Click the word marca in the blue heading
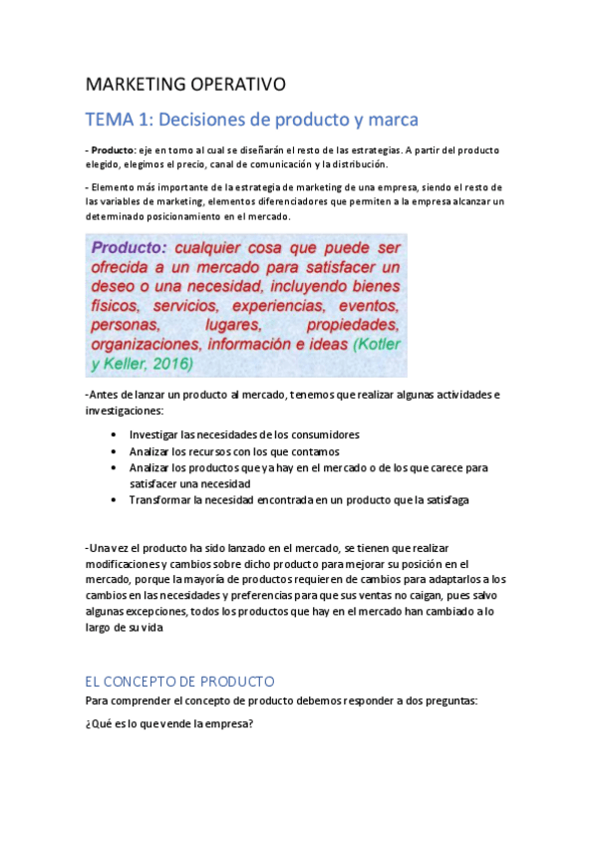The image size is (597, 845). click(391, 120)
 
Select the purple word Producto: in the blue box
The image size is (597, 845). click(129, 248)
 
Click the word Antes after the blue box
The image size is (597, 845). click(102, 395)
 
